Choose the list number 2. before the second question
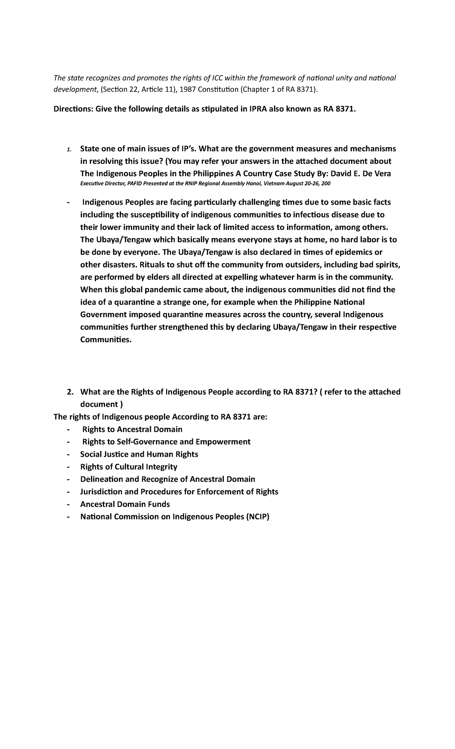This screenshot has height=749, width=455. pyautogui.click(x=70, y=392)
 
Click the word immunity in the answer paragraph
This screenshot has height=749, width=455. pyautogui.click(x=140, y=227)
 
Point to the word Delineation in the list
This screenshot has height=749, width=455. pyautogui.click(x=102, y=479)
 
